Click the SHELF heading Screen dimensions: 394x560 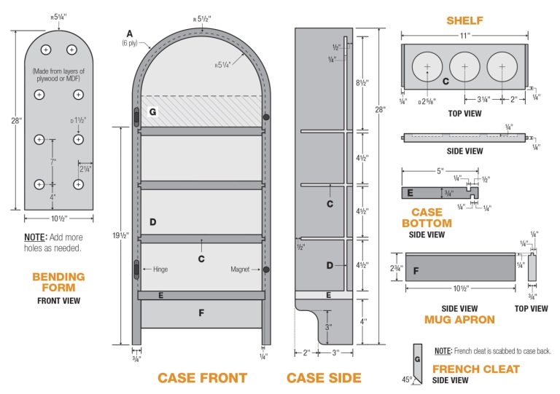click(464, 20)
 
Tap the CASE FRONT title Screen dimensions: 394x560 click(202, 378)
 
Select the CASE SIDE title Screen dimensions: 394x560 click(323, 378)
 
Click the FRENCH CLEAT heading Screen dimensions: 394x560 click(475, 369)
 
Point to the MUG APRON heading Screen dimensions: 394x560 click(459, 319)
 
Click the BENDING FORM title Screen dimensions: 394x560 click(58, 282)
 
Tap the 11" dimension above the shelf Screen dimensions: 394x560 click(464, 35)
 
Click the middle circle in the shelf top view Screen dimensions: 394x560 click(464, 67)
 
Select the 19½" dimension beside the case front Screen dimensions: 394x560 click(124, 235)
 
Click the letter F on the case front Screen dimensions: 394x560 click(201, 314)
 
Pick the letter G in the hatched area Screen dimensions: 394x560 click(152, 112)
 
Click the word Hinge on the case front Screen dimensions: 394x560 click(161, 269)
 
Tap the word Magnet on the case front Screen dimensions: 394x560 click(241, 269)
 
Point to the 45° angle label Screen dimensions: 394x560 click(408, 379)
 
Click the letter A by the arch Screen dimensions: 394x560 click(129, 34)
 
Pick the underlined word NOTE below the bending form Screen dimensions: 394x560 click(34, 237)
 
